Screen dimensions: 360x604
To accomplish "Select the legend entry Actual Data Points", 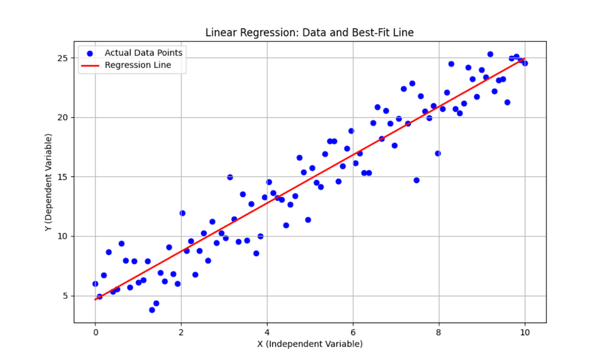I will point(143,53).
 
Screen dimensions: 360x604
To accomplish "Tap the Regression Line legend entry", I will point(138,65).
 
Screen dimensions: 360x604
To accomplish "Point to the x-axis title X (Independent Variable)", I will point(310,344).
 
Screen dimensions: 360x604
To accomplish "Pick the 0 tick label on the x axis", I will point(95,331).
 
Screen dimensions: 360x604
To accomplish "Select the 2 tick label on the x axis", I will point(181,331).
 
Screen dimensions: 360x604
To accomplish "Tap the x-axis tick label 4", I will point(267,331).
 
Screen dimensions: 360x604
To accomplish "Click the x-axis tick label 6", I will point(353,331).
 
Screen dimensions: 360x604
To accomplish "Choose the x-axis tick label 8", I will point(439,331).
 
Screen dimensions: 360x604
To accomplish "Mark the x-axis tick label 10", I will point(525,331).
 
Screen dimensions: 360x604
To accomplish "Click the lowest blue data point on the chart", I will point(152,310).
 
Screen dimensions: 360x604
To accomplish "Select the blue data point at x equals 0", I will point(95,283).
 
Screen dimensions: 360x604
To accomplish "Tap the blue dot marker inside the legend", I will point(90,53).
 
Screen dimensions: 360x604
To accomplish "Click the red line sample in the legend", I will point(90,65).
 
